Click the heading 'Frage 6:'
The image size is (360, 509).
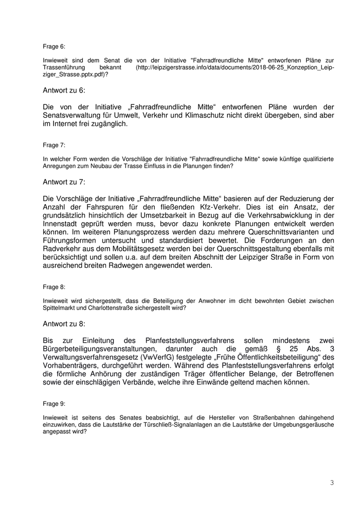[x=54, y=46]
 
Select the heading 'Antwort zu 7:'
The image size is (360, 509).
[x=64, y=182]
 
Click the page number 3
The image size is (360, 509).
[x=332, y=483]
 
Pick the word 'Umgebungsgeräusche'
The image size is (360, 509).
[x=304, y=426]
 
